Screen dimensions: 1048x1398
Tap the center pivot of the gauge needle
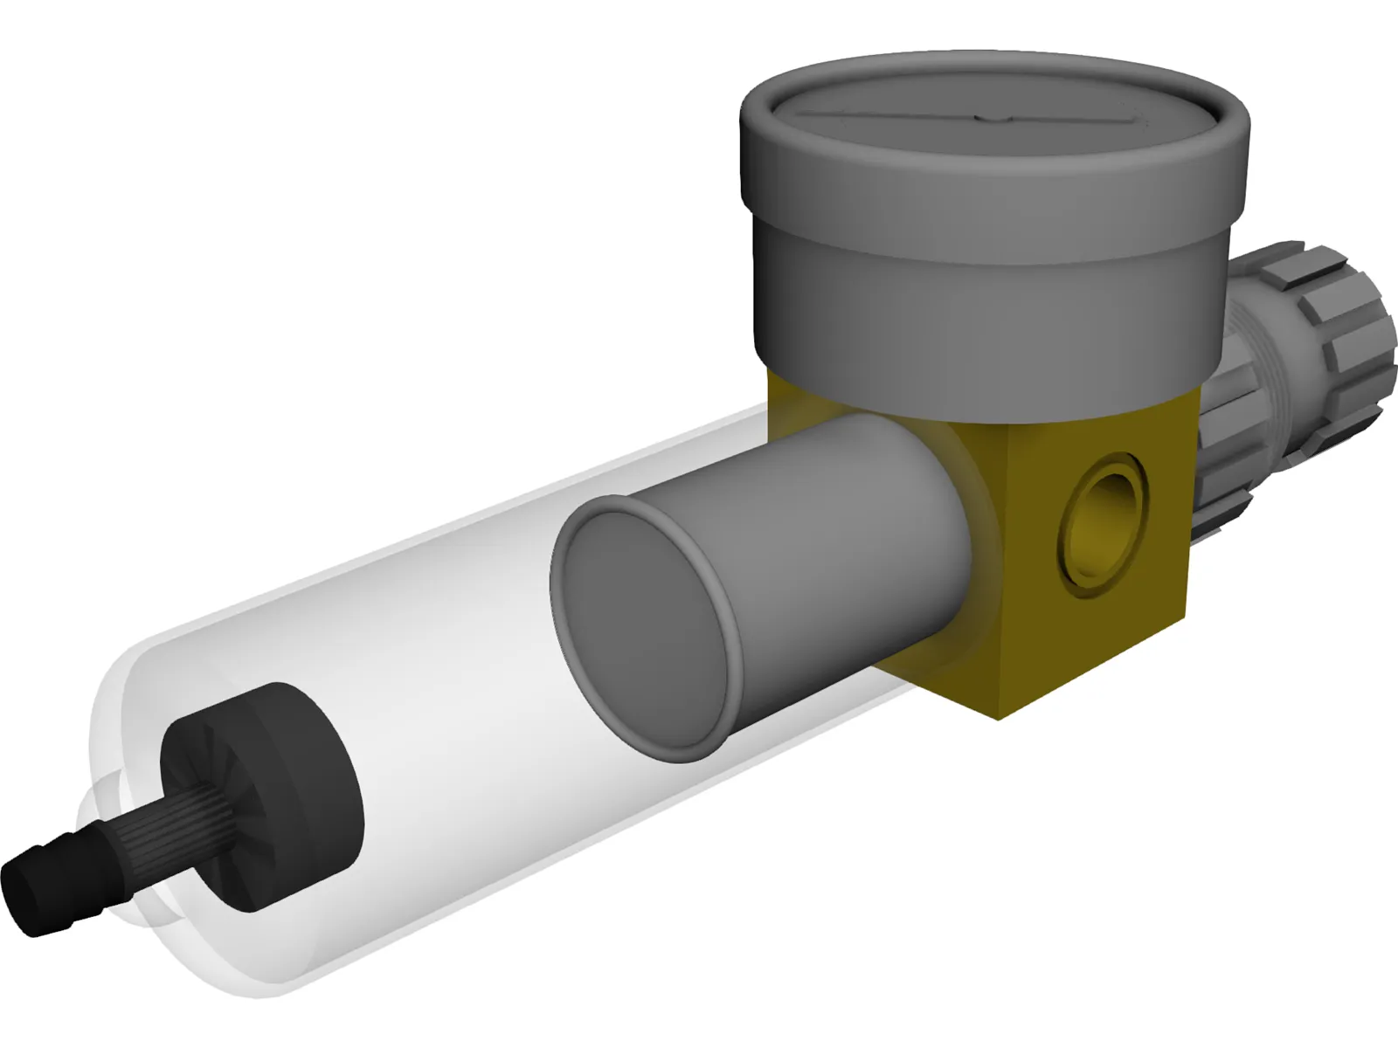987,117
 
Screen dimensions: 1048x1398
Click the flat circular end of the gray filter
642,629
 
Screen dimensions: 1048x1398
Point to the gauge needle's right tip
1140,119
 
